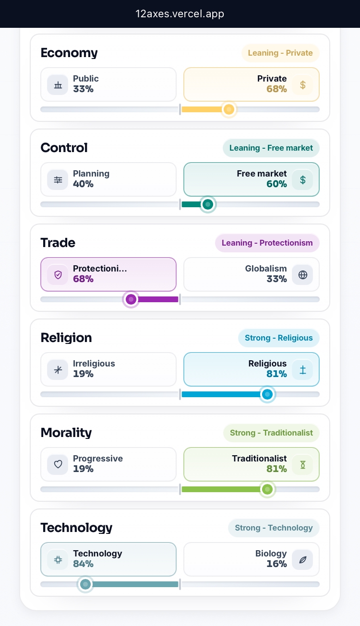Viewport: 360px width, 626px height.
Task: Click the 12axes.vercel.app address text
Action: click(x=180, y=14)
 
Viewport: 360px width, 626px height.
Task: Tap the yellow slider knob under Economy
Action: click(x=229, y=109)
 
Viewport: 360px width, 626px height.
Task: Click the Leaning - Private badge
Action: click(x=280, y=53)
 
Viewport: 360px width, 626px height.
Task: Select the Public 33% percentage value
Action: click(x=83, y=89)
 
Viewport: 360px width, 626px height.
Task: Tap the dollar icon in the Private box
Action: click(x=303, y=85)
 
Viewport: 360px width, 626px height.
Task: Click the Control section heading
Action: click(x=64, y=148)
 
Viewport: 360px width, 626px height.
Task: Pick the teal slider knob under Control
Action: click(x=207, y=204)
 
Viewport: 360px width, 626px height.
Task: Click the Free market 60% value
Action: click(x=276, y=184)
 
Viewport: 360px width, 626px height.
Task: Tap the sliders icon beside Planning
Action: click(x=58, y=180)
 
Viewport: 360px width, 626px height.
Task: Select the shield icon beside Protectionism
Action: click(x=58, y=275)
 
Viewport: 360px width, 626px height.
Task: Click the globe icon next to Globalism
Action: click(x=303, y=275)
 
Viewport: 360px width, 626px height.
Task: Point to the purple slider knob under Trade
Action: click(x=131, y=299)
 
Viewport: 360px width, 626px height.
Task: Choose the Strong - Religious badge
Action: click(x=278, y=338)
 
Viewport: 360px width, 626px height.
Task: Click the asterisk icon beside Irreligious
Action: click(x=58, y=370)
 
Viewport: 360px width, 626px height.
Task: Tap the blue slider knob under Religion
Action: click(x=267, y=394)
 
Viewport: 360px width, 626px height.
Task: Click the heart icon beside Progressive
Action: click(x=58, y=464)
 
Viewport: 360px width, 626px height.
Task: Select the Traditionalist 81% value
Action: click(x=276, y=469)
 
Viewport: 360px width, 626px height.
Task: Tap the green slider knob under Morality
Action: click(x=267, y=489)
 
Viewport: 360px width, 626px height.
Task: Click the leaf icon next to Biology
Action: click(x=303, y=559)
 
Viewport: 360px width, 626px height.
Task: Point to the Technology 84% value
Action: click(x=83, y=564)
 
